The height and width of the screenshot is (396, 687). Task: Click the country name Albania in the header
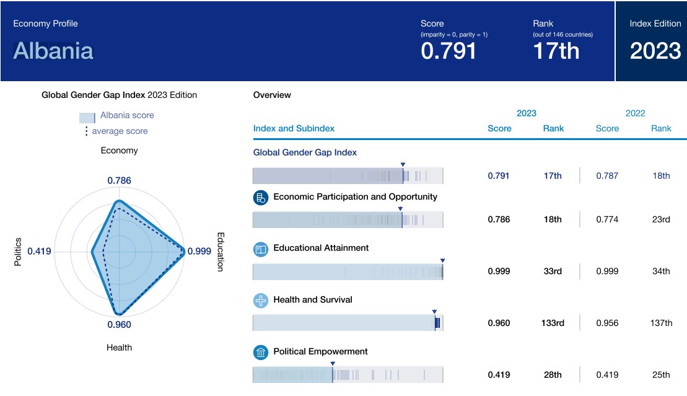point(53,50)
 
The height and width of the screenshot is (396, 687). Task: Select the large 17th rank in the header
point(556,51)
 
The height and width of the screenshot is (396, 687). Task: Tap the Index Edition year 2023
point(655,51)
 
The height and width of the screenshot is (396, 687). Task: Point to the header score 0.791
point(449,51)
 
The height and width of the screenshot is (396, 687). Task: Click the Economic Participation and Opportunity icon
point(261,198)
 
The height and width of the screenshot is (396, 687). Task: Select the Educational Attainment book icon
point(261,249)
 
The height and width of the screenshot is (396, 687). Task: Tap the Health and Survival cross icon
point(261,301)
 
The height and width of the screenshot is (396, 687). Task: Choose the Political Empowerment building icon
point(261,353)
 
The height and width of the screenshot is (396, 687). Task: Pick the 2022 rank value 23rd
point(661,219)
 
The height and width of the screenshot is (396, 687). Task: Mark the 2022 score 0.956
point(607,323)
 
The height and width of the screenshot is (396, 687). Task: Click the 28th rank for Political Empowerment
point(552,375)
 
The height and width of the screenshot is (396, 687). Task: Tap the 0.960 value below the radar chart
point(119,325)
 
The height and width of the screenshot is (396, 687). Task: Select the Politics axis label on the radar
point(18,252)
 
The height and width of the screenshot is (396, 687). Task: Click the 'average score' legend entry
point(120,131)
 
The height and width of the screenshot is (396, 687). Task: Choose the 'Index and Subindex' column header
point(294,128)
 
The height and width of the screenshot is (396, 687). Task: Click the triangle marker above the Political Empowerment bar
point(333,364)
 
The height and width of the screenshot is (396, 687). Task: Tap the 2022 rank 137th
point(661,323)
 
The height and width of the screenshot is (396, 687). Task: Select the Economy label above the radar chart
point(119,151)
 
